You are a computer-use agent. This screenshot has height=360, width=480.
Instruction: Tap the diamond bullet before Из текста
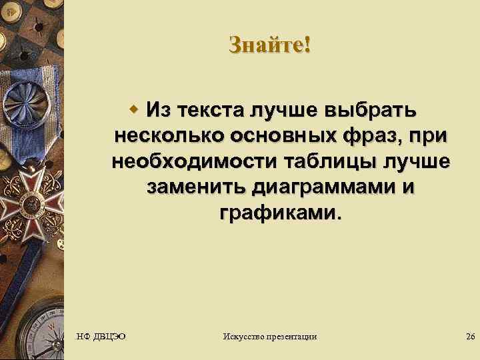pyautogui.click(x=134, y=108)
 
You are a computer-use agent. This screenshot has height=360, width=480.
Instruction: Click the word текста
pyautogui.click(x=213, y=109)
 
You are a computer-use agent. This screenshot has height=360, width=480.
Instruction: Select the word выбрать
pyautogui.click(x=377, y=109)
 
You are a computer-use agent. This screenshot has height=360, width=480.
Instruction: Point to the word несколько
pyautogui.click(x=170, y=135)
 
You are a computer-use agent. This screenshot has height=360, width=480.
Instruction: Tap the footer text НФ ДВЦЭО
pyautogui.click(x=101, y=337)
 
